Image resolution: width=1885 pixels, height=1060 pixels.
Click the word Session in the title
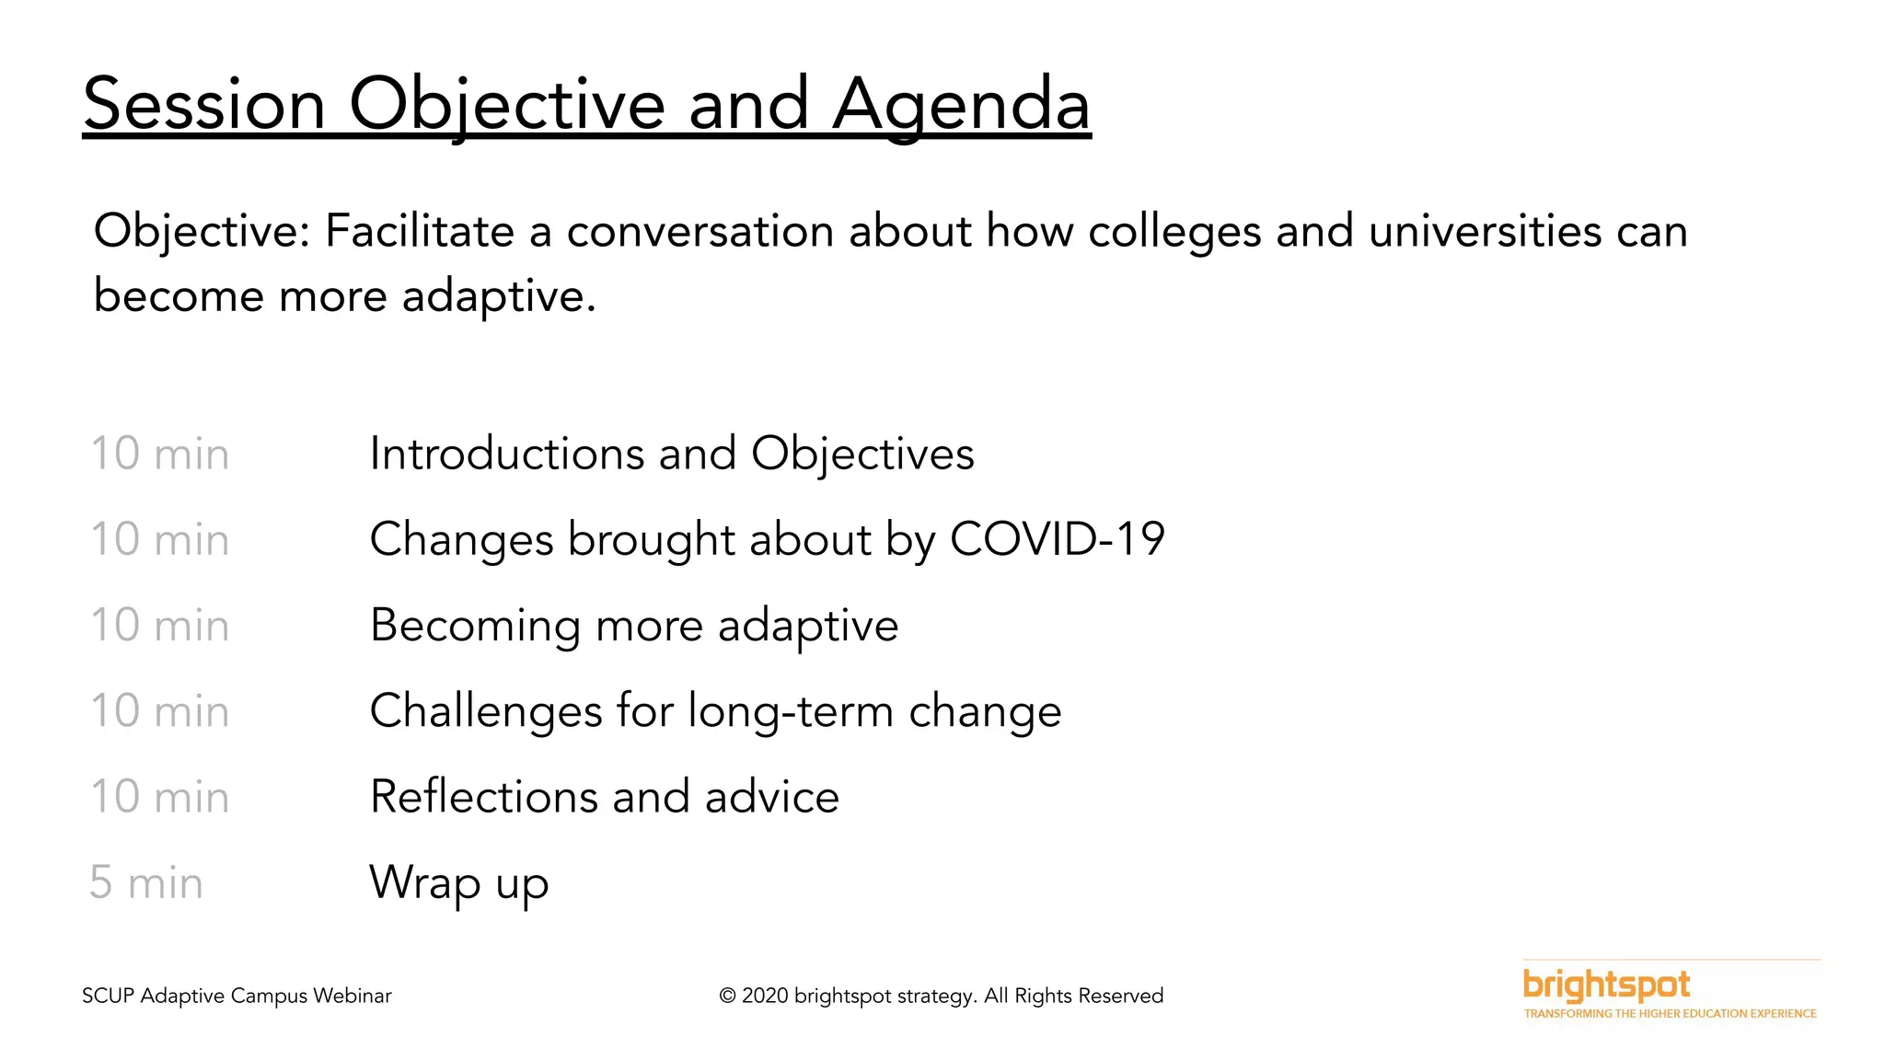(x=204, y=104)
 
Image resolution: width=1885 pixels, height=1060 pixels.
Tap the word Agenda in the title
(x=961, y=104)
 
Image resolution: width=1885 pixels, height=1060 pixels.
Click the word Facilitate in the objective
(x=419, y=231)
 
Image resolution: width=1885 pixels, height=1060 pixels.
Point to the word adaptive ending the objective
(x=498, y=296)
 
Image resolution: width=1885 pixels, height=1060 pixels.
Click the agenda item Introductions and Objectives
(x=671, y=454)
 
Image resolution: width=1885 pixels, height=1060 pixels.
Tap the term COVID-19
(x=1057, y=539)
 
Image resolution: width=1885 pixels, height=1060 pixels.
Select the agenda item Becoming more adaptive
(x=633, y=626)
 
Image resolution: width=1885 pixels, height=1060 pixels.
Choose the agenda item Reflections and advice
(x=604, y=797)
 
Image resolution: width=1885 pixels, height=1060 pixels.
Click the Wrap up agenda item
(x=458, y=883)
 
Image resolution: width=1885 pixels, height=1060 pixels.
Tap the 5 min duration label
(x=145, y=883)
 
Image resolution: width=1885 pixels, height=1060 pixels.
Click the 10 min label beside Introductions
(x=159, y=454)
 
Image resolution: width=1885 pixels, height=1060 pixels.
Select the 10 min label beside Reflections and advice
(x=159, y=797)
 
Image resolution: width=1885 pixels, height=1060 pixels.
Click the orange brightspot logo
(x=1606, y=985)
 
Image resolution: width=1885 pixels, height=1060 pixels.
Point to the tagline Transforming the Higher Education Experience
(x=1670, y=1014)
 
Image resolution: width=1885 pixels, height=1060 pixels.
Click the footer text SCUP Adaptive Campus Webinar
(x=237, y=996)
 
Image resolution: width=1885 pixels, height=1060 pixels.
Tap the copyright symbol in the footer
(x=727, y=997)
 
